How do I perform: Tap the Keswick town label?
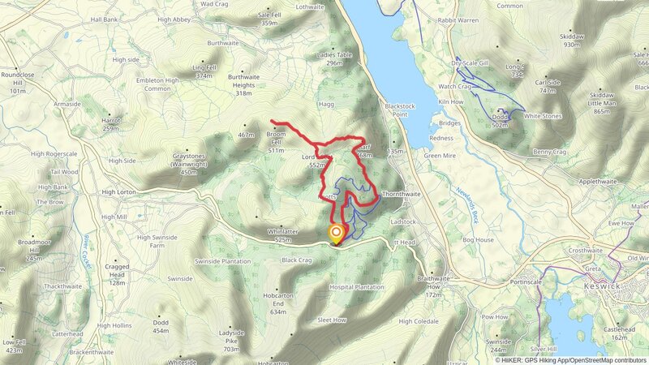(x=601, y=286)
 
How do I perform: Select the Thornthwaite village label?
(x=401, y=195)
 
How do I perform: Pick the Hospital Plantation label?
(x=356, y=287)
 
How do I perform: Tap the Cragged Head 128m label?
(x=118, y=274)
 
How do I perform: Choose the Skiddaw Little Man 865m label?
(x=601, y=101)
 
